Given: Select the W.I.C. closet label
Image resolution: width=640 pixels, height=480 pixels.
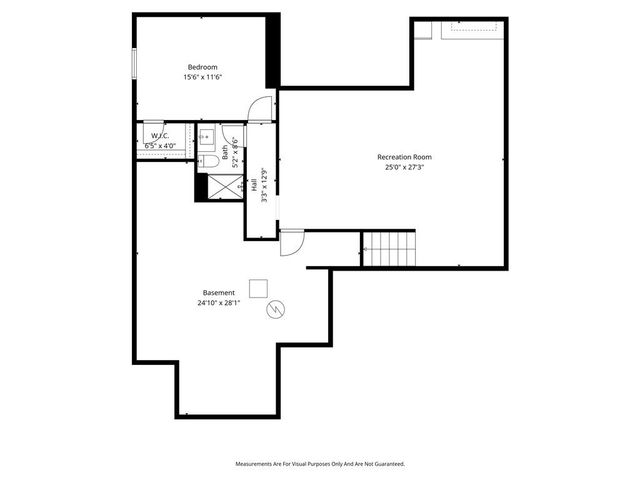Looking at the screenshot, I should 159,135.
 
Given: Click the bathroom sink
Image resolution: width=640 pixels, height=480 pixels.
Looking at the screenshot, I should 207,137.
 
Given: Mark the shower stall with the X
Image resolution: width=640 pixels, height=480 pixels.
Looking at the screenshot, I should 217,187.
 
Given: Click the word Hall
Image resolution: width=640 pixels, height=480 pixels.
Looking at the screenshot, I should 255,185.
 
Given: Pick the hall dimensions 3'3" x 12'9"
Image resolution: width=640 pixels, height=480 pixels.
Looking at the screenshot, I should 264,185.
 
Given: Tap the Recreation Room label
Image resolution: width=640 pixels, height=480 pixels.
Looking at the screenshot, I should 404,157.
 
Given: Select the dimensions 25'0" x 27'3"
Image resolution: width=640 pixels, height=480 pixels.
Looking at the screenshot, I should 404,168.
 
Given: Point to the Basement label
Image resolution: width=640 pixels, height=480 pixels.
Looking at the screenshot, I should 218,293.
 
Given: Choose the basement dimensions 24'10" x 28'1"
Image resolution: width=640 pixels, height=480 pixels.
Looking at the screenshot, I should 218,303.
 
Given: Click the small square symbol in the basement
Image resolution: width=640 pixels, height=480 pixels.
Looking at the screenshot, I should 258,288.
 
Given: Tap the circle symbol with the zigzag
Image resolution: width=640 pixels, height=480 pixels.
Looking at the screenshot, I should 276,311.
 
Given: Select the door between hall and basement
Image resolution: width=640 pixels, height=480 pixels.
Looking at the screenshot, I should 290,242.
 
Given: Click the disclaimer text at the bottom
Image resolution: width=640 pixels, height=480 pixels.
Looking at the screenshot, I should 320,464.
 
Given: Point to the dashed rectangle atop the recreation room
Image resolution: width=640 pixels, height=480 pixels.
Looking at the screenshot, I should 470,27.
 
